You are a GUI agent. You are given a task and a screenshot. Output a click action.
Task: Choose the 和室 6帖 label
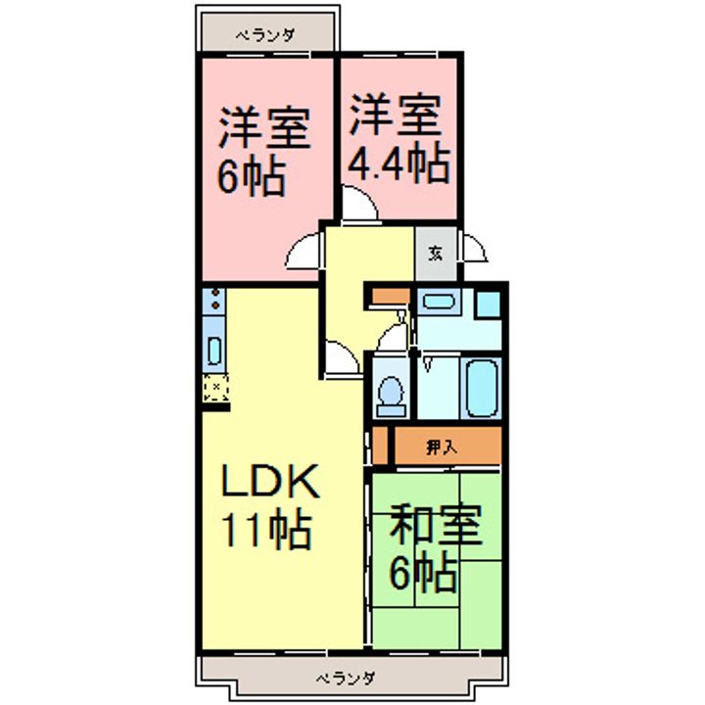[435, 549]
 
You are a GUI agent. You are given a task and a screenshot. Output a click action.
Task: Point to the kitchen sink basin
[213, 348]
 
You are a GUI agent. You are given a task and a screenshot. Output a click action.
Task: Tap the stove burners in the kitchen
[213, 302]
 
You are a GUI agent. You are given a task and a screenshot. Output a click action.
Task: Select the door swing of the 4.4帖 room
[357, 205]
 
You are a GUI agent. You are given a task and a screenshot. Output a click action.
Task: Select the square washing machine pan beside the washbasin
[490, 303]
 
